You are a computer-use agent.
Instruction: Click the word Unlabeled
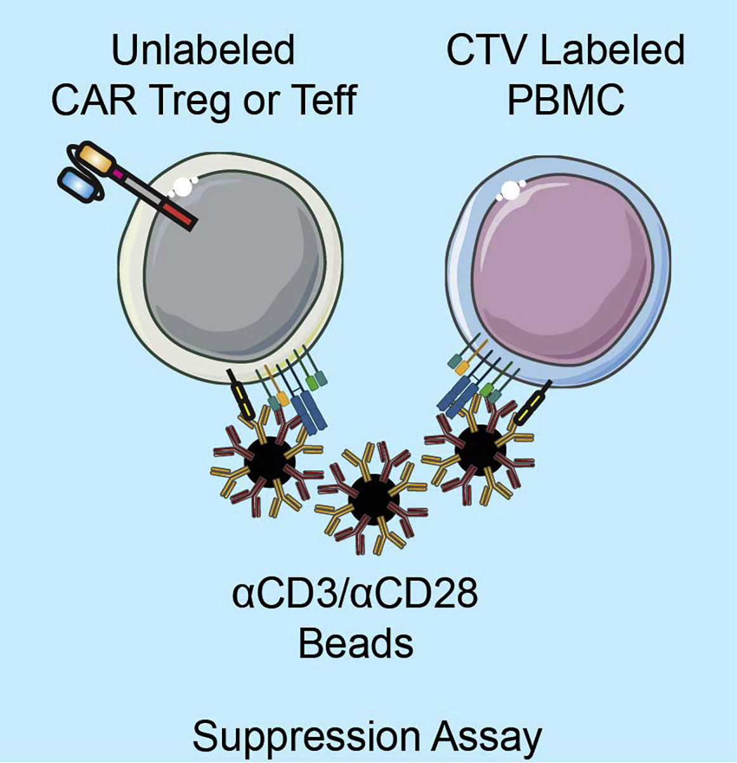point(203,51)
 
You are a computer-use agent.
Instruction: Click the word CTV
point(490,51)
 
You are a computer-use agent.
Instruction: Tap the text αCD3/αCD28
point(355,597)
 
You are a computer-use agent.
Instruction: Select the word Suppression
point(305,736)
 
